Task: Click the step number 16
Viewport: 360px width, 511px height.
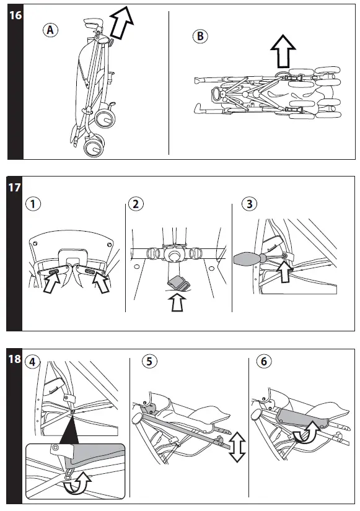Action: (15, 15)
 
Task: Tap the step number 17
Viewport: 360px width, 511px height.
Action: (14, 188)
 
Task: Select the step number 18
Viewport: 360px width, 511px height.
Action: (14, 359)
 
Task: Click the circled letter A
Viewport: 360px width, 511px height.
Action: (50, 30)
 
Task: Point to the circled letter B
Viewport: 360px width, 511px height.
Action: (200, 36)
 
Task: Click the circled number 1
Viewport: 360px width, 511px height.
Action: (33, 204)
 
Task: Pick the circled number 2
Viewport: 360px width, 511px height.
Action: (136, 204)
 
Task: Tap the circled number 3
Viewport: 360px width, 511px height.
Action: (250, 204)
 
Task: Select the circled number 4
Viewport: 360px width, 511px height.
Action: (32, 362)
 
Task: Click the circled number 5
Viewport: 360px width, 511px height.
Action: (149, 361)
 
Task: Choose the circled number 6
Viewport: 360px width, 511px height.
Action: (263, 361)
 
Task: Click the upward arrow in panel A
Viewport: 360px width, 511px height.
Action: (121, 23)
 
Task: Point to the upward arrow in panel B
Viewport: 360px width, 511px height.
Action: (283, 51)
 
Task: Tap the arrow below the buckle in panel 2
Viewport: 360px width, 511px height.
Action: (177, 302)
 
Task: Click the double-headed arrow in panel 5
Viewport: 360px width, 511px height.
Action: (237, 447)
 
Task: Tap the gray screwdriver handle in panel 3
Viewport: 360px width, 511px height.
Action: (247, 259)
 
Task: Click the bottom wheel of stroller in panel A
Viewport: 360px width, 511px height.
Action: (94, 146)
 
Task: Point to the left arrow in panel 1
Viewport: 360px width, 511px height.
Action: (51, 282)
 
